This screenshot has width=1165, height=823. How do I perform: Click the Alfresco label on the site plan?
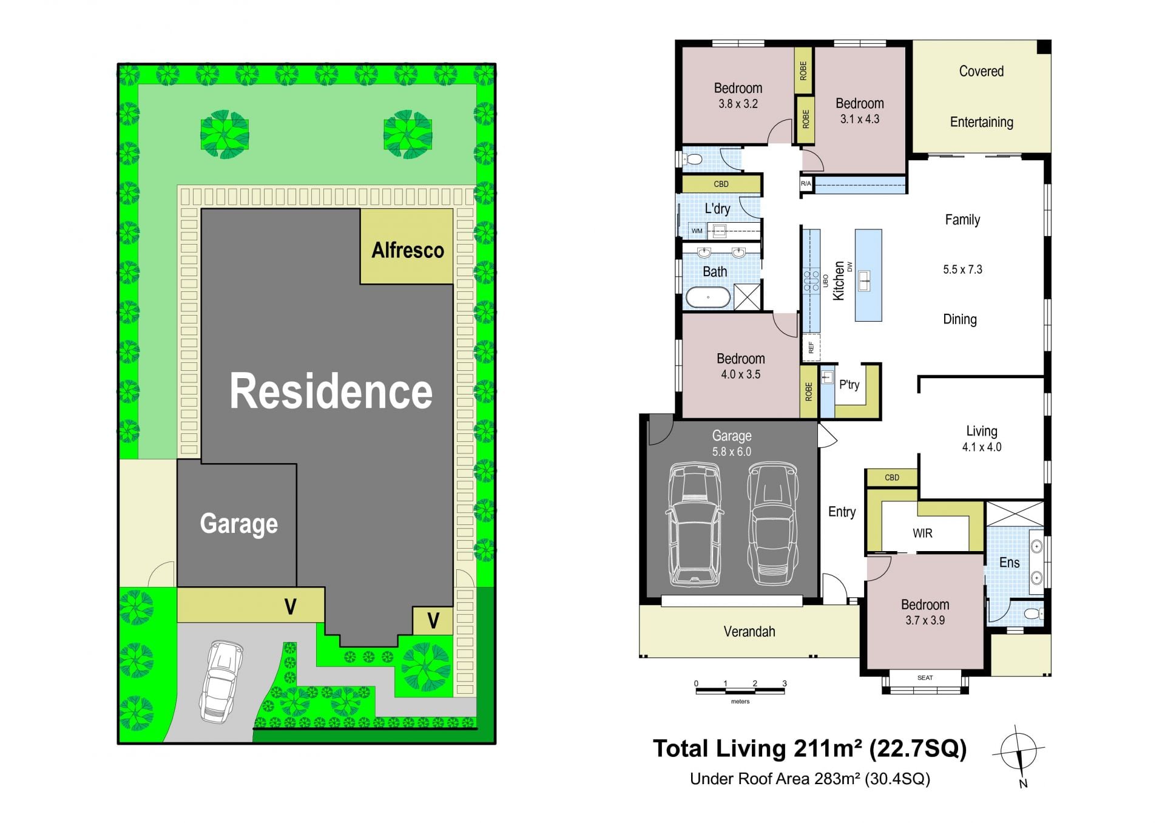408,250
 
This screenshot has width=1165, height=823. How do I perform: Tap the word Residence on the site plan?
331,391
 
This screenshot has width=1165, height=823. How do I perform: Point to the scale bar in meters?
740,691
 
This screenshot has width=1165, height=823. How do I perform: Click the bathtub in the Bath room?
707,297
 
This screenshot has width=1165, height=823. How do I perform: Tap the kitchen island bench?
868,275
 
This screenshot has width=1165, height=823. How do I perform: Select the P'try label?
849,385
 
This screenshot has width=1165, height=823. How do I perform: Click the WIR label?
922,533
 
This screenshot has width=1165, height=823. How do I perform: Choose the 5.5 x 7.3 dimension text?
962,269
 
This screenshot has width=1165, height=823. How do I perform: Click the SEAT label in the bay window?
925,677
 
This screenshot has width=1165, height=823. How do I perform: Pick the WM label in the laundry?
697,231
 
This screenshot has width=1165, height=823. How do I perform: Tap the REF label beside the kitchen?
811,348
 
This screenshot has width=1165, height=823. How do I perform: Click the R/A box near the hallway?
806,184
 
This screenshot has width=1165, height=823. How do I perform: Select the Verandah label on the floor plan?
749,632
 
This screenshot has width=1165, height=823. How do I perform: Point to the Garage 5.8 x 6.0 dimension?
732,452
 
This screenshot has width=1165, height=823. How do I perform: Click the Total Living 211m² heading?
809,749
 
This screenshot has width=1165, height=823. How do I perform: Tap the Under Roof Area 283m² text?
810,779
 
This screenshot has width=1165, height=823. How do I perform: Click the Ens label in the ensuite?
1010,563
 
